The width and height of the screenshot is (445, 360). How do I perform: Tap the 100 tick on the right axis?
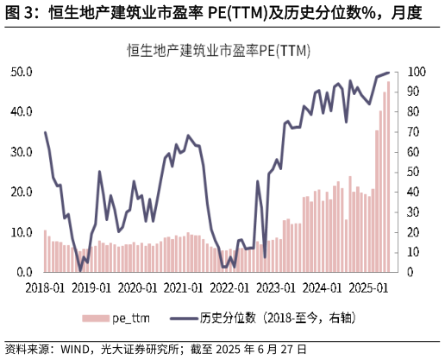tap(417, 72)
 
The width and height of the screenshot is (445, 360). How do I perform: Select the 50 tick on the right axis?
tap(414, 172)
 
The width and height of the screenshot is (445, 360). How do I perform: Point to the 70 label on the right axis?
tap(414, 132)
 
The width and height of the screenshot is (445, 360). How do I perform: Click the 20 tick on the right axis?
tap(414, 232)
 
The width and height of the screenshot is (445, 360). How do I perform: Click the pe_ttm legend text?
tap(130, 318)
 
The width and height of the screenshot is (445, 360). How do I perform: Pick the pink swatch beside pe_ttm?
tap(96, 319)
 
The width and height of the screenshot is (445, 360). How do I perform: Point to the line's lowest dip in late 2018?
tap(81, 269)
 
